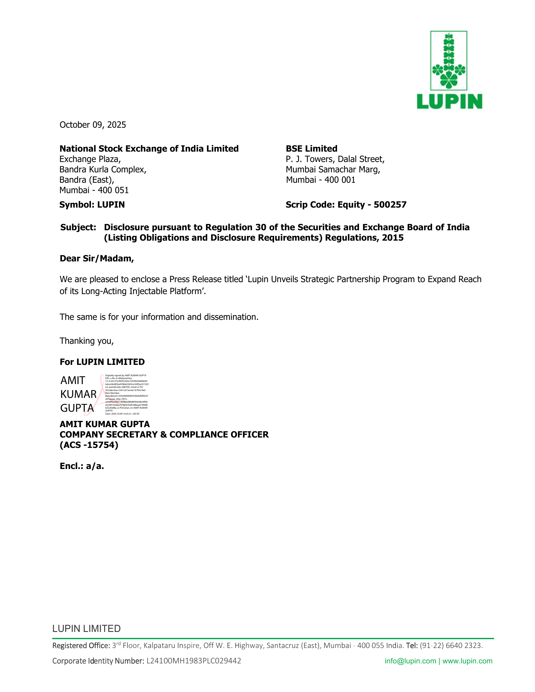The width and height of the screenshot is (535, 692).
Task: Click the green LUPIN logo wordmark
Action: pos(449,101)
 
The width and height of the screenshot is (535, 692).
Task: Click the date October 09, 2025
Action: pos(93,125)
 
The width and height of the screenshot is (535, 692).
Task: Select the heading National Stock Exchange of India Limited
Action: pos(149,148)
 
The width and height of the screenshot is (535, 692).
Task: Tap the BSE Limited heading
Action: pos(312,148)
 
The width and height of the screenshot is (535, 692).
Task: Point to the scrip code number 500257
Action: pos(390,205)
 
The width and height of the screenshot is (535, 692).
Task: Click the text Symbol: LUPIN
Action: pos(92,205)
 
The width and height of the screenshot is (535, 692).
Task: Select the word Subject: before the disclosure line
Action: pos(78,227)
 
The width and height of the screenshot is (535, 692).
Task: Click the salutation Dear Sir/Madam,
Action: pos(97,259)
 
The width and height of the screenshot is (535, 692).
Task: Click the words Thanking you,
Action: pos(87,341)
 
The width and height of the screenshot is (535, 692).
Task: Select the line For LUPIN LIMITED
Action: pos(102,362)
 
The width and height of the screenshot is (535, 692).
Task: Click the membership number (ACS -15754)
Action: pos(89,445)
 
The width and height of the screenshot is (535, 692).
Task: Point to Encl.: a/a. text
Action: pos(82,466)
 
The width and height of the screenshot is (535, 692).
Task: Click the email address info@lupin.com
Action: pos(410,661)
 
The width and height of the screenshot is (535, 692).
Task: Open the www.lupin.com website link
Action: pos(467,661)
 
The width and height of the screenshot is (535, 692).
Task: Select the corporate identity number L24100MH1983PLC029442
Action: pos(194,661)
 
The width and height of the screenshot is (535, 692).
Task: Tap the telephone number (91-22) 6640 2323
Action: pos(451,645)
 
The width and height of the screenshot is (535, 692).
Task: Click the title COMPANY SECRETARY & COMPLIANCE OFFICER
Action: pos(164,435)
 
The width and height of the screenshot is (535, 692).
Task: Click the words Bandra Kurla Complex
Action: pos(102,170)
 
